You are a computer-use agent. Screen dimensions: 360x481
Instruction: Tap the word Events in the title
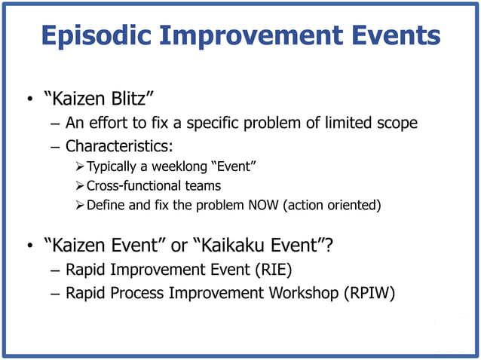394,35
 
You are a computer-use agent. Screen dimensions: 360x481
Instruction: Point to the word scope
396,124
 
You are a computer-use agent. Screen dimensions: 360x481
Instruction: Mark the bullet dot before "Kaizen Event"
29,247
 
